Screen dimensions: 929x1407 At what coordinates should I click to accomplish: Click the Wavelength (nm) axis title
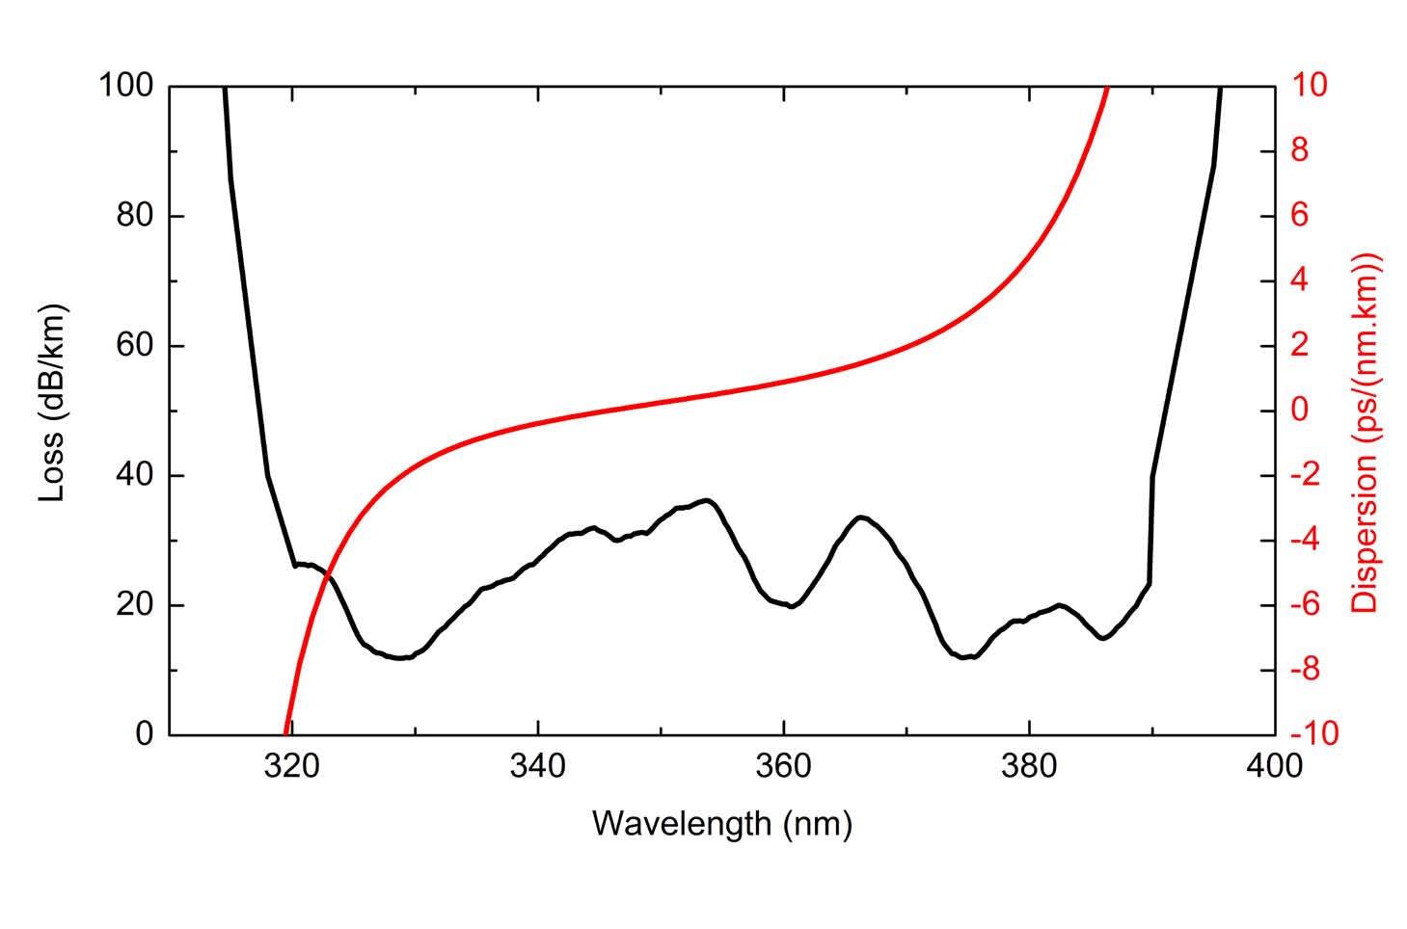(x=721, y=823)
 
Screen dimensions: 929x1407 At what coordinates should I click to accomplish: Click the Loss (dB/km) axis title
(x=52, y=405)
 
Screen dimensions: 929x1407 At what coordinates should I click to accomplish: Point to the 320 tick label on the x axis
(x=291, y=767)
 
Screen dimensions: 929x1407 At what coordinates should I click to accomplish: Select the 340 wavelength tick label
(x=537, y=767)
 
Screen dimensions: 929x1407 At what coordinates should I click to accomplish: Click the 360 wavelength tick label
(x=784, y=767)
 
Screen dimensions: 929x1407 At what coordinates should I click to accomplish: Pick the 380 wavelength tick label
(x=1030, y=767)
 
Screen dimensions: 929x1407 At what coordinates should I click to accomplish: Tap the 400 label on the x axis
(x=1275, y=767)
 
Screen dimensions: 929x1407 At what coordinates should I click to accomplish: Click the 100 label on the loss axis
(x=125, y=86)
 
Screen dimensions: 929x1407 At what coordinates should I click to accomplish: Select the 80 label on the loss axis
(x=135, y=216)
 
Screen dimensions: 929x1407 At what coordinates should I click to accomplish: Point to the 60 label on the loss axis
(x=135, y=345)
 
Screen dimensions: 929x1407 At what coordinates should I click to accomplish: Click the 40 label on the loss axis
(x=135, y=475)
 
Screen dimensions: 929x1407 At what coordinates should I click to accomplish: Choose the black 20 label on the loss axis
(x=135, y=605)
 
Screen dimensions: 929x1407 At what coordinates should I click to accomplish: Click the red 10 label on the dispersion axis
(x=1310, y=86)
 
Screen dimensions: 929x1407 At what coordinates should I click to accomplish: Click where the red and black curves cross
(x=328, y=578)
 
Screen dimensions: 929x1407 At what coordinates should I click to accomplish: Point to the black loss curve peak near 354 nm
(x=708, y=500)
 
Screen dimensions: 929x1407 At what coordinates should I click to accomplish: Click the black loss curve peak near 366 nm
(x=861, y=518)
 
